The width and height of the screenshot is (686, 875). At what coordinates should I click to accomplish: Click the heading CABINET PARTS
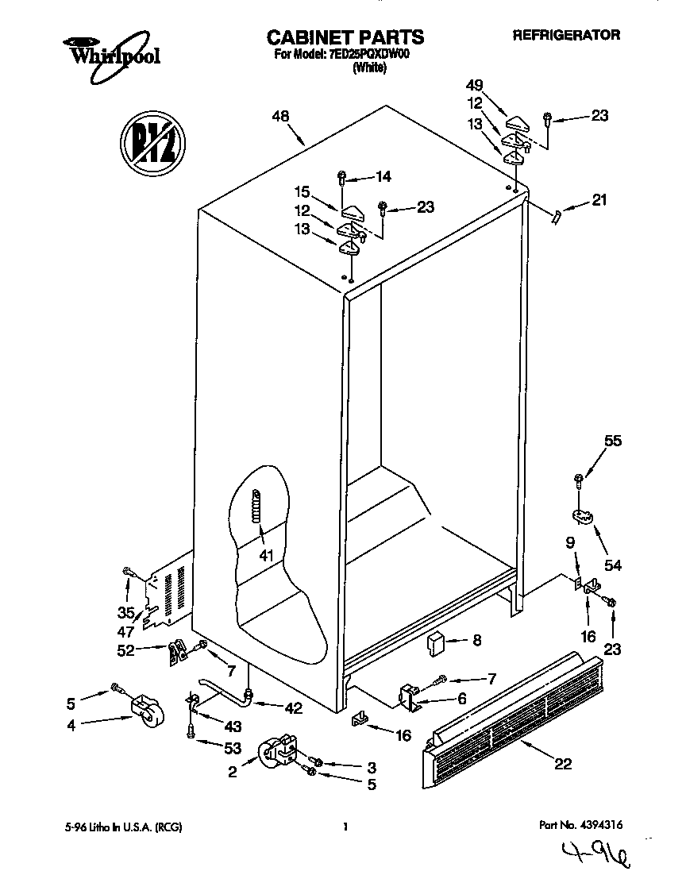(344, 37)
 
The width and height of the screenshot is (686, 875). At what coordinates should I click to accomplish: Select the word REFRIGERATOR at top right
(566, 35)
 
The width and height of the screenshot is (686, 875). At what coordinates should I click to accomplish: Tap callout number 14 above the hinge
(383, 176)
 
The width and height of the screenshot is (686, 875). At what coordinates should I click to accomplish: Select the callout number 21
(599, 200)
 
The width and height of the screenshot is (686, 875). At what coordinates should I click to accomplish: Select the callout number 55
(614, 441)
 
